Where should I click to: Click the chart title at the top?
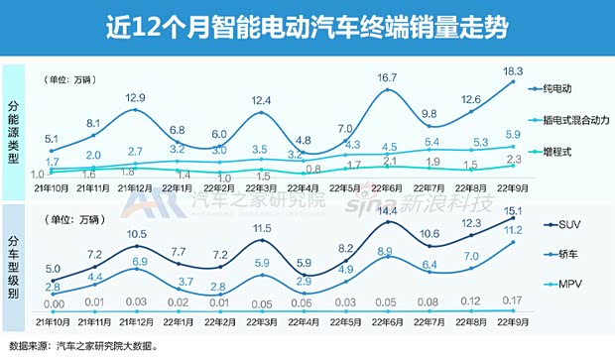(307, 27)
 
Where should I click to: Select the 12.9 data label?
(134, 97)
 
